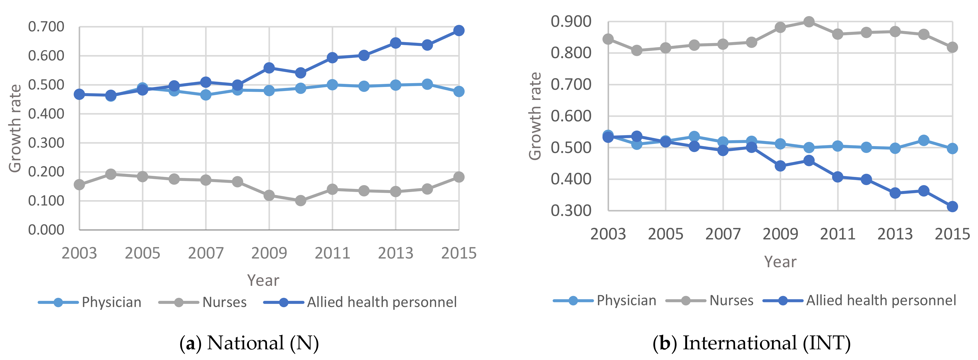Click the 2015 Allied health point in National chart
click(x=459, y=30)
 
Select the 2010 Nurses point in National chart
click(x=300, y=200)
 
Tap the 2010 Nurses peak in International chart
click(x=809, y=22)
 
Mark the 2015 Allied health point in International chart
click(x=952, y=207)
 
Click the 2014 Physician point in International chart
click(x=924, y=140)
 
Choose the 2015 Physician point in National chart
click(x=459, y=91)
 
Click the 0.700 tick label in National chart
click(x=46, y=27)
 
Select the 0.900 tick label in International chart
click(x=571, y=22)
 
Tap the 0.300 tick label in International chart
click(x=571, y=210)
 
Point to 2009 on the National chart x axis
click(x=269, y=253)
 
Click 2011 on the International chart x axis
click(x=838, y=234)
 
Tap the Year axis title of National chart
click(x=263, y=280)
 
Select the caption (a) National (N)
click(x=249, y=343)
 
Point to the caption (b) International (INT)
click(x=751, y=343)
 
